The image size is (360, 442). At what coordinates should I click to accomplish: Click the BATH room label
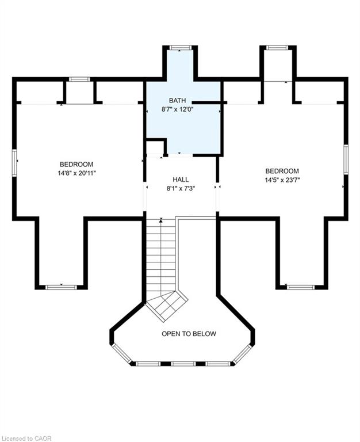[x=177, y=100]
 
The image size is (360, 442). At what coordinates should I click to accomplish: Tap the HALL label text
[x=181, y=180]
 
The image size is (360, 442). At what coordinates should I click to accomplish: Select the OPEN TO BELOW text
[x=189, y=334]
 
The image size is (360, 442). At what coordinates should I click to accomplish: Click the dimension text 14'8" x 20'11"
[x=77, y=173]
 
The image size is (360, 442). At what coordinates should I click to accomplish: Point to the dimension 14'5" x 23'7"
[x=282, y=180]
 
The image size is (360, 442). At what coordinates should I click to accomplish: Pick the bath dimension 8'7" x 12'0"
[x=178, y=109]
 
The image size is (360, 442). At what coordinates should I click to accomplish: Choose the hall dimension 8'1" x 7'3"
[x=181, y=189]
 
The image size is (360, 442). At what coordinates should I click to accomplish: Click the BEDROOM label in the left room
[x=76, y=165]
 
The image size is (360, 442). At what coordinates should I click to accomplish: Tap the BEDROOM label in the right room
[x=282, y=171]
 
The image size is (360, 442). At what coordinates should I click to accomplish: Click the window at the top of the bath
[x=180, y=47]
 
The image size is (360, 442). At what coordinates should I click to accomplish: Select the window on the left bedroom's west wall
[x=14, y=163]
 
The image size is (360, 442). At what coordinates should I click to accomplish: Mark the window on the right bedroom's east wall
[x=346, y=159]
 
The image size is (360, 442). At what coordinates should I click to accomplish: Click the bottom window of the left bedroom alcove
[x=61, y=288]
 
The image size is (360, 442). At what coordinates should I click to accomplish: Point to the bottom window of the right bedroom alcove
[x=301, y=288]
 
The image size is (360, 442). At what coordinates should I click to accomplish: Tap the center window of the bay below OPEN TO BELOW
[x=183, y=364]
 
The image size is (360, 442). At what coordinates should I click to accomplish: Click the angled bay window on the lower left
[x=122, y=353]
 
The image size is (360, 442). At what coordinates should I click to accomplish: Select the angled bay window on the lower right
[x=242, y=353]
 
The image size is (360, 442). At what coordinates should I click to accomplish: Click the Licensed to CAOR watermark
[x=26, y=439]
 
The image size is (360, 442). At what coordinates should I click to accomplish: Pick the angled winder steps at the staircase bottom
[x=166, y=306]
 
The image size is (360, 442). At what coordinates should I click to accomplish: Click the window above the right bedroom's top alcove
[x=277, y=47]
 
